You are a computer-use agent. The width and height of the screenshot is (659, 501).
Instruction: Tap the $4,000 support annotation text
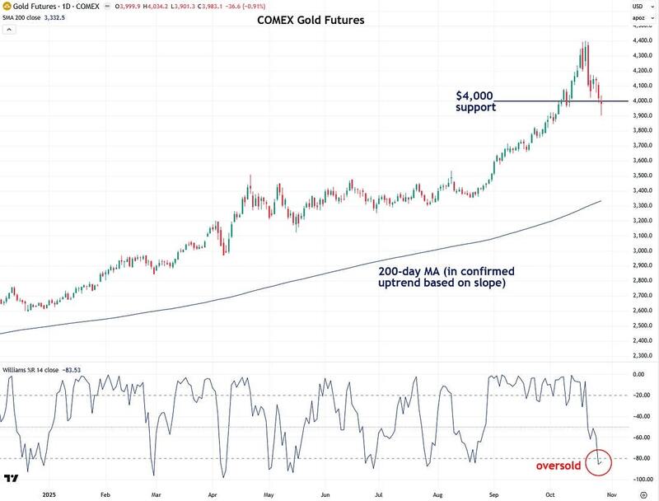(476, 101)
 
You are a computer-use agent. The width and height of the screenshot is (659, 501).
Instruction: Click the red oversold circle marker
(600, 462)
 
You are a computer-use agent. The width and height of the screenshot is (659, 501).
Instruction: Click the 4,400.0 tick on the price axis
(639, 40)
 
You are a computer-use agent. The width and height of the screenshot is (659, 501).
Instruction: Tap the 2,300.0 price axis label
(639, 355)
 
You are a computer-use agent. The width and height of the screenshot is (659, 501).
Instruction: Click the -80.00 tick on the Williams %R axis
(639, 458)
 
